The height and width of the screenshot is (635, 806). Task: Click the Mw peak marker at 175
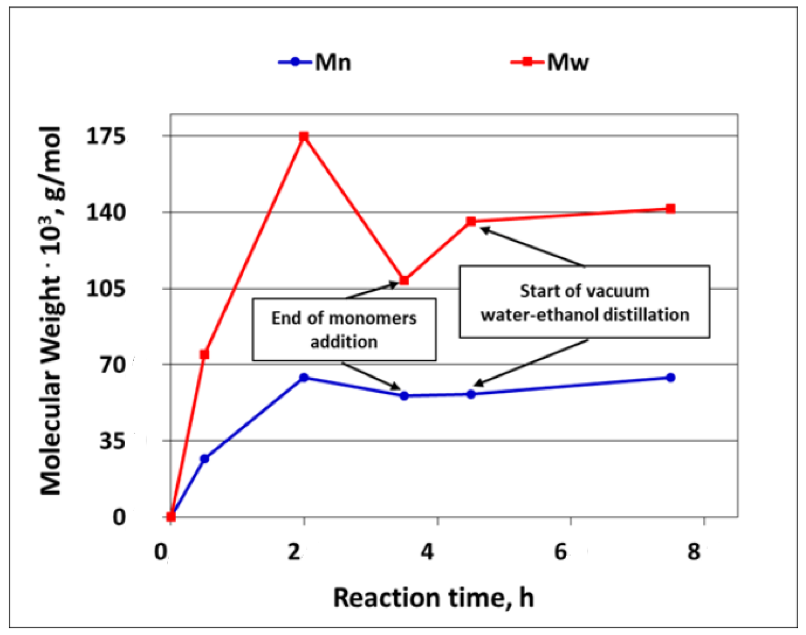(x=304, y=136)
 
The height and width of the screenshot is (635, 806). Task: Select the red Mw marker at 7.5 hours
(x=670, y=209)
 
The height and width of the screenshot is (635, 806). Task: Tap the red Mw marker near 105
(x=404, y=280)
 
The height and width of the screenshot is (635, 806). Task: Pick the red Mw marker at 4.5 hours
(x=471, y=222)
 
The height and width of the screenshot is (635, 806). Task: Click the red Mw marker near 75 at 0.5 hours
(x=204, y=354)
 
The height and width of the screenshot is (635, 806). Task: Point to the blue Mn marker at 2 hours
(x=304, y=377)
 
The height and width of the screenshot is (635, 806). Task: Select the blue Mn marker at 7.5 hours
(x=670, y=378)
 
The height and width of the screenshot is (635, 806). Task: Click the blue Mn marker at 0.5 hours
(x=204, y=458)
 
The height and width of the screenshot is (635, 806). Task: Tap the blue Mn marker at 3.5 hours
(x=404, y=396)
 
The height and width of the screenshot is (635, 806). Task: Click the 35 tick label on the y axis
(x=111, y=441)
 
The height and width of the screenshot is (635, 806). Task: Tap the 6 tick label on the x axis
(x=560, y=552)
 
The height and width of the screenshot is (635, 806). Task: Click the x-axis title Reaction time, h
(x=434, y=598)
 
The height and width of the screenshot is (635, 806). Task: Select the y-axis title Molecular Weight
(x=51, y=311)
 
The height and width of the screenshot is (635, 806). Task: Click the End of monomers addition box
(x=344, y=329)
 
